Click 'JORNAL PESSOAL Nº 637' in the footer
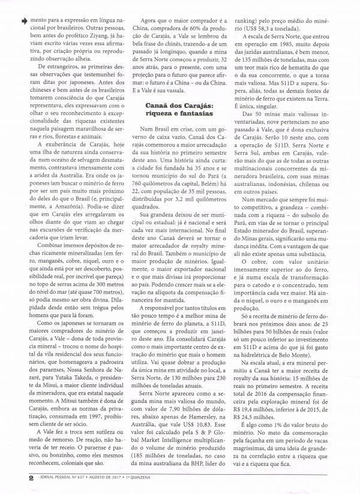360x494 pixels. tap(50, 478)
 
